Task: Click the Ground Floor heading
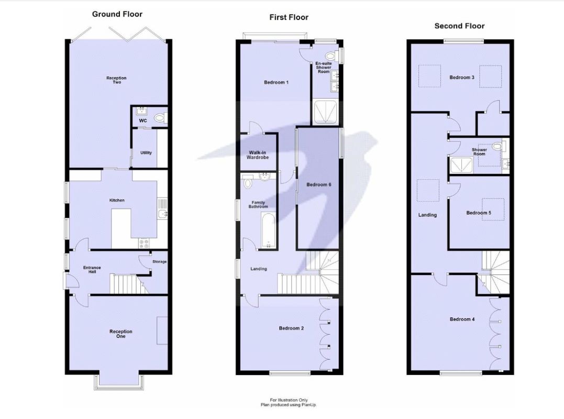coord(117,14)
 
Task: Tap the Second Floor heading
coord(459,26)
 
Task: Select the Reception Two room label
coord(116,80)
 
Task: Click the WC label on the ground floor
coord(142,121)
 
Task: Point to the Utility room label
coord(146,153)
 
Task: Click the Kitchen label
coord(117,201)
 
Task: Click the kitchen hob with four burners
coord(144,243)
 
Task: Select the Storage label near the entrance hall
coord(159,262)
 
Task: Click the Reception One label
coord(120,334)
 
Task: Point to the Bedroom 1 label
coord(276,83)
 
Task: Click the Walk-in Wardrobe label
coord(258,155)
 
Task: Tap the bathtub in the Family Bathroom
coord(268,230)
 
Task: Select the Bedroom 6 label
coord(319,184)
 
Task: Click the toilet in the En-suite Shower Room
coord(330,56)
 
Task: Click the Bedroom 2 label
coord(291,328)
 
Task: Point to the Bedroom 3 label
coord(461,78)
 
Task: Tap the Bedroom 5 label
coord(478,213)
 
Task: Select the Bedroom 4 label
coord(462,319)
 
